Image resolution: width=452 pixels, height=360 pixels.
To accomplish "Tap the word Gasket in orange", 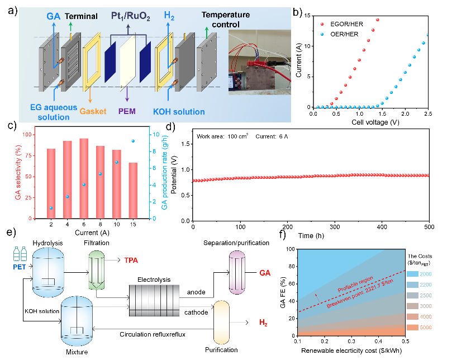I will (x=93, y=111).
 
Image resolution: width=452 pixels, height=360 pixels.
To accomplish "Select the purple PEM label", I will (x=127, y=111).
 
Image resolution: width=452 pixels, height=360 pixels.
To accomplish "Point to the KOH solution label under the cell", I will (x=179, y=112).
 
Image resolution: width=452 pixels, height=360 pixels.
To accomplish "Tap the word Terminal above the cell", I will (x=81, y=17).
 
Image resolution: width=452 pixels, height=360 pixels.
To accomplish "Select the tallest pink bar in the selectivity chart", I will (x=84, y=178).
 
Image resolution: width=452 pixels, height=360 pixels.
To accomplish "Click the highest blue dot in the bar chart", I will (x=133, y=141).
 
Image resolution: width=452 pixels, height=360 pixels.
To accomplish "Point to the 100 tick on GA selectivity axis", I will (x=25, y=135).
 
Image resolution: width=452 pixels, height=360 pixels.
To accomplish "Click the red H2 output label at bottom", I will (x=263, y=323).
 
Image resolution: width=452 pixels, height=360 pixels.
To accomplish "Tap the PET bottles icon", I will (x=20, y=253).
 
